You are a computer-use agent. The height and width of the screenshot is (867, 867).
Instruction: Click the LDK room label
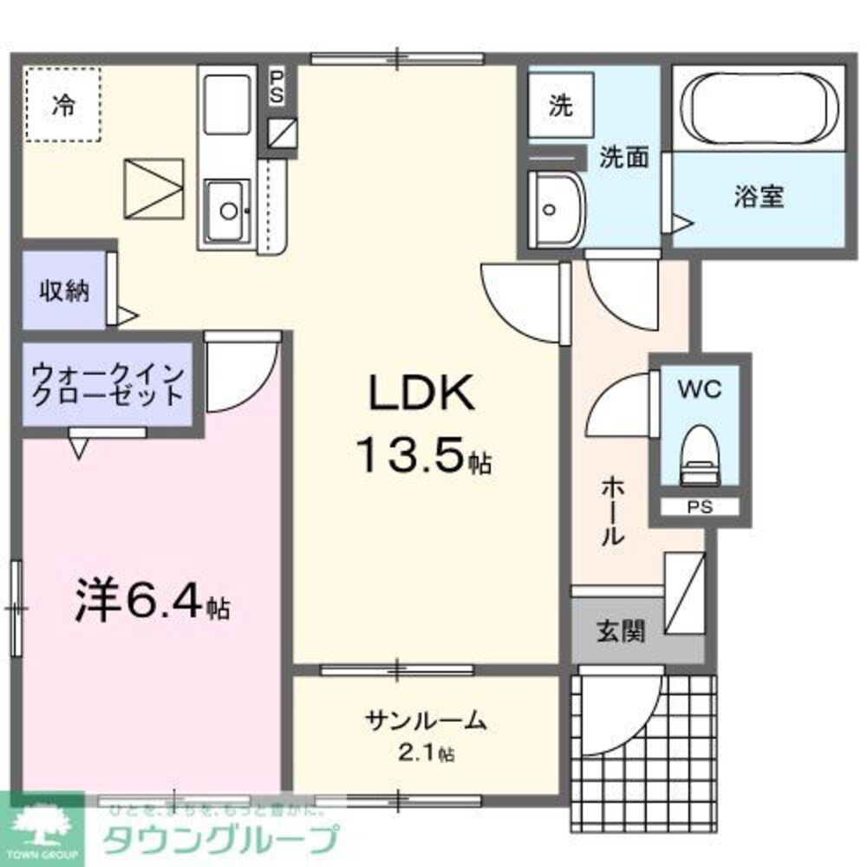[x=422, y=394]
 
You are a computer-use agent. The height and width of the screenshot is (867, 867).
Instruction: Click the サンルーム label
[x=426, y=720]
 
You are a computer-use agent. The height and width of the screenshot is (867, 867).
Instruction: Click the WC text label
[x=699, y=391]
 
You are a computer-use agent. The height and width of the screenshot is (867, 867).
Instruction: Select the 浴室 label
[x=759, y=197]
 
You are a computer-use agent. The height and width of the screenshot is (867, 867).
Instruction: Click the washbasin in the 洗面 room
[x=556, y=208]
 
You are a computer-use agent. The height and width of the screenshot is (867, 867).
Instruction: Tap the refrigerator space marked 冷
[x=62, y=105]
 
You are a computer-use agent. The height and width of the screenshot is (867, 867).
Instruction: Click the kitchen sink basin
[x=229, y=208]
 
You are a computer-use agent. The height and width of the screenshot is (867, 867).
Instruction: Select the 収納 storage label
[x=63, y=291]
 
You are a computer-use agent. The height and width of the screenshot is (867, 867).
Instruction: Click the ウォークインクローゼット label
[x=107, y=385]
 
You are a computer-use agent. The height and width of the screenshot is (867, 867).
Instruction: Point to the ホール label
[x=612, y=512]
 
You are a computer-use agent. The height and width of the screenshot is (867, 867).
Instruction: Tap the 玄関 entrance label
[x=619, y=631]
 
